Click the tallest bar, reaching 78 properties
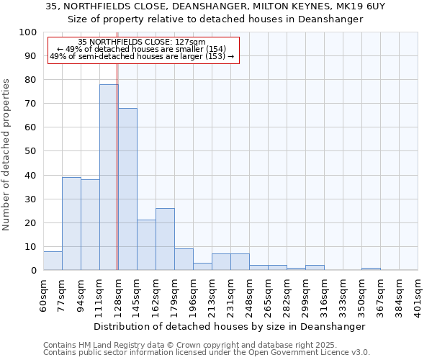coord(109,177)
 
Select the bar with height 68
coord(127,189)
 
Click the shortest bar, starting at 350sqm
coord(371,269)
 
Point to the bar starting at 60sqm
coord(53,261)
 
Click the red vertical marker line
coord(117,180)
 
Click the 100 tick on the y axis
coord(28,32)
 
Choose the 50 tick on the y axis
coord(30,151)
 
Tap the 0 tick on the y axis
coord(33,270)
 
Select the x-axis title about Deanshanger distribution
coord(230,326)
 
